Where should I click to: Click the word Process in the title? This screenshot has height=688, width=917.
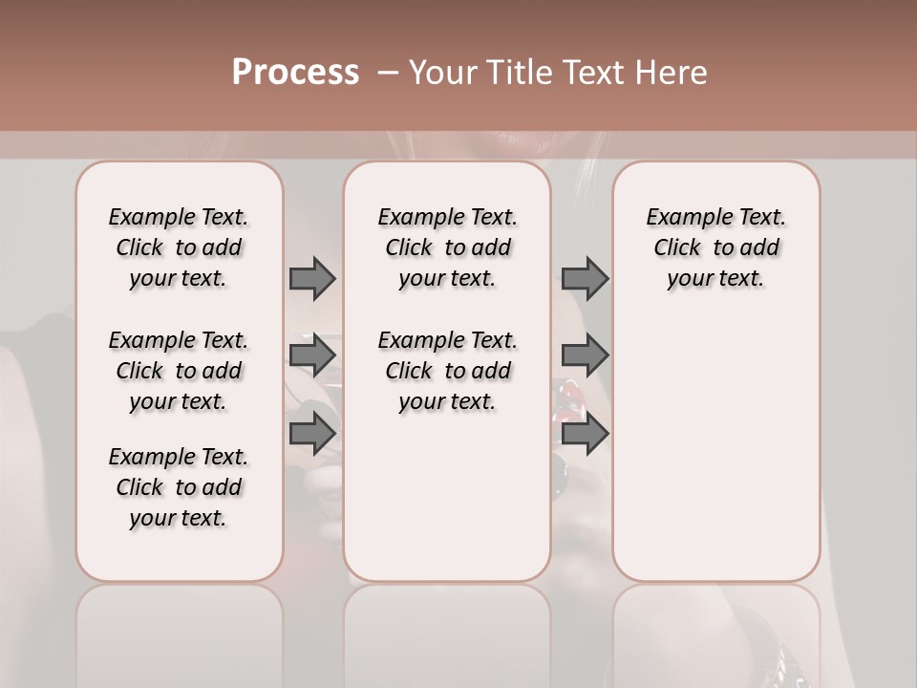coord(295,73)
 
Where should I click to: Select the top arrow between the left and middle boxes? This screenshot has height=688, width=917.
coord(312,278)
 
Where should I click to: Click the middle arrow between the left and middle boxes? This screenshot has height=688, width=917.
coord(312,355)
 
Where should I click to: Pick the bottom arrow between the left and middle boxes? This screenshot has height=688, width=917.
coord(312,434)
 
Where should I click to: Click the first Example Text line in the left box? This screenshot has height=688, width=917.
coord(179,217)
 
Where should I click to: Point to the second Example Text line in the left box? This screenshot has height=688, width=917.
coord(179,340)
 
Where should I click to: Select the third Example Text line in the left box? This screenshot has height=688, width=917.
coord(179,457)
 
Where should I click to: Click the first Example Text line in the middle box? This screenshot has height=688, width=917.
coord(447,217)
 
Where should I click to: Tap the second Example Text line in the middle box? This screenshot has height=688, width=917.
coord(447,340)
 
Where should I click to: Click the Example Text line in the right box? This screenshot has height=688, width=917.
coord(715,217)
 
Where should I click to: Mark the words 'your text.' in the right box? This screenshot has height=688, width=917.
coord(715,278)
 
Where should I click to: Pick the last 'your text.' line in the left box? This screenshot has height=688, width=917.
coord(179,518)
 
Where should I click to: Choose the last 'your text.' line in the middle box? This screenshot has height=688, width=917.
coord(447,401)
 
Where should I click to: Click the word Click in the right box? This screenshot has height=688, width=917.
coord(677,247)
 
